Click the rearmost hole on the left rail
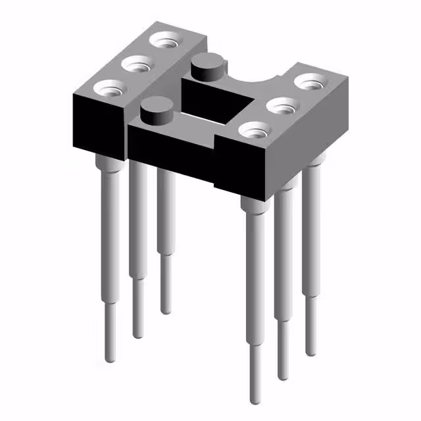click(x=164, y=39)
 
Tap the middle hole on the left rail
click(x=137, y=64)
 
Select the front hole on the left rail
click(x=109, y=87)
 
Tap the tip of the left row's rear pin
click(x=165, y=310)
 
